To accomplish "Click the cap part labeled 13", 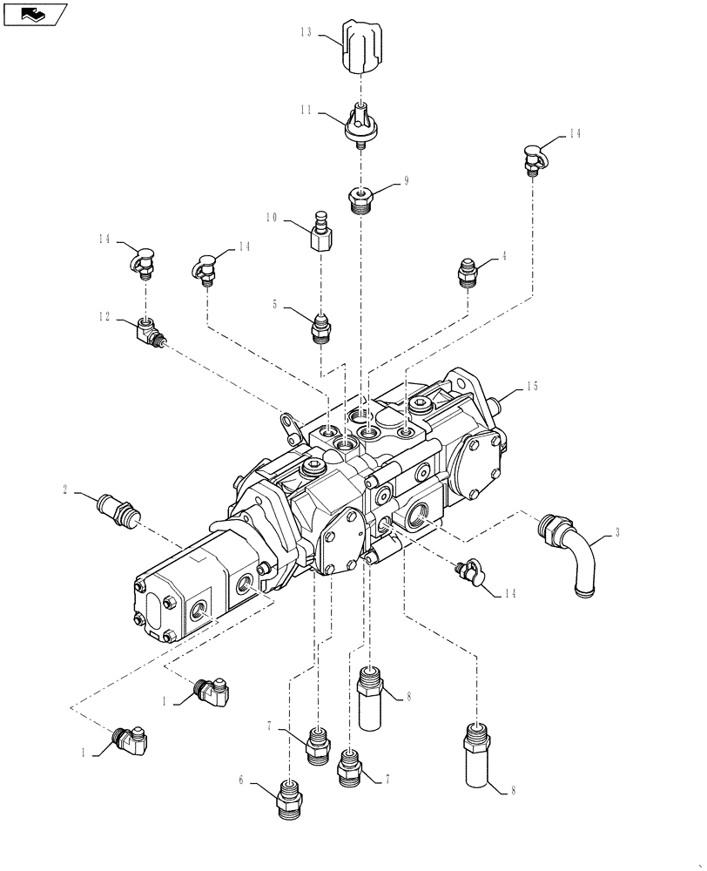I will tap(358, 50).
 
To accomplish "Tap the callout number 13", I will tap(305, 32).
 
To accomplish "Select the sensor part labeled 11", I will tap(360, 123).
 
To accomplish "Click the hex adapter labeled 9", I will tap(360, 199).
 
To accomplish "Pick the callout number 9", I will tap(406, 181).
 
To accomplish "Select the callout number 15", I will tap(533, 386).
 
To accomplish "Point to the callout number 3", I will tap(617, 530).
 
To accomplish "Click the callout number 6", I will tap(239, 781).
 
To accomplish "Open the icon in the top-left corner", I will tap(35, 14).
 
